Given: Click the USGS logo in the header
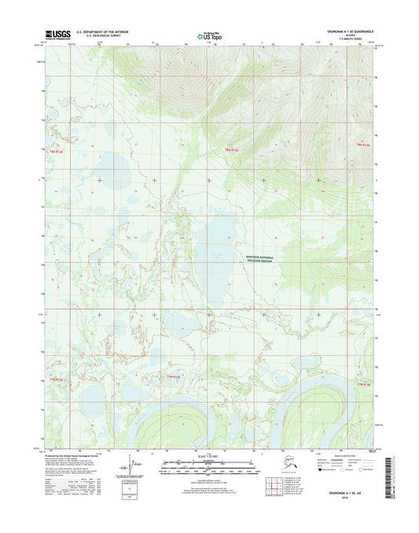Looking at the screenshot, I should tap(57, 34).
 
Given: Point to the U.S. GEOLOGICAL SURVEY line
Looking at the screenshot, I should tap(95, 36).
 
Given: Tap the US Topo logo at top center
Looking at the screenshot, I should tap(208, 34).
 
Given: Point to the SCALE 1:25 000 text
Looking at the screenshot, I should tap(208, 457).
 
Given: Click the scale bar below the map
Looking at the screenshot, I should tap(208, 465).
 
